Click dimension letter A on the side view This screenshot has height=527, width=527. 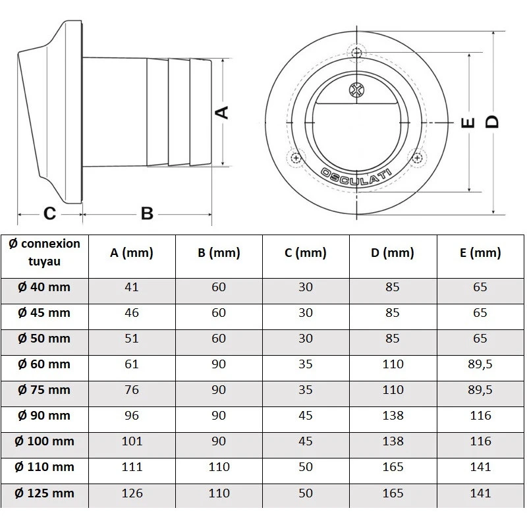[x=223, y=112]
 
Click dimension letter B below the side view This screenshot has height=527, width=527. [x=147, y=213]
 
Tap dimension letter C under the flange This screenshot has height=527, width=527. [x=49, y=213]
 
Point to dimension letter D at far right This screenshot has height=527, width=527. [x=492, y=121]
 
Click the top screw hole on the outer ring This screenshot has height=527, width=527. [x=356, y=52]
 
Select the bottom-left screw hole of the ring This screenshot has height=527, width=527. [x=296, y=158]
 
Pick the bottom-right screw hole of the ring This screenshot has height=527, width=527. [x=417, y=157]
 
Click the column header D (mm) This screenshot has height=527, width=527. [x=393, y=253]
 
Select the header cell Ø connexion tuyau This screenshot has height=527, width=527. [x=45, y=252]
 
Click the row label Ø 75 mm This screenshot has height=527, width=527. [x=44, y=389]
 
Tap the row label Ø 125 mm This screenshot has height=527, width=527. [x=44, y=493]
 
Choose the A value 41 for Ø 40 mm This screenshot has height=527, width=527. [x=132, y=287]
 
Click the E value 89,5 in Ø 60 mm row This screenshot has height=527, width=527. [x=481, y=364]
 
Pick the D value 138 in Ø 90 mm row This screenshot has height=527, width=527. [x=393, y=416]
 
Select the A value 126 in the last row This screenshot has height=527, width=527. [x=132, y=493]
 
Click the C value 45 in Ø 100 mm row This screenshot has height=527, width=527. [x=305, y=441]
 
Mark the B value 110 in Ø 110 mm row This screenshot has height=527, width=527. [x=219, y=467]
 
